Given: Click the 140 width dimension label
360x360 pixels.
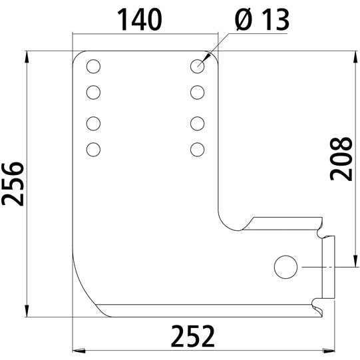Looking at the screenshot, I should [x=140, y=21].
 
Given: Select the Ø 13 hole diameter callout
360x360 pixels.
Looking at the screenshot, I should [x=261, y=21].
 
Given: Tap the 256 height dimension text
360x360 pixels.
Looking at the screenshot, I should [x=13, y=184].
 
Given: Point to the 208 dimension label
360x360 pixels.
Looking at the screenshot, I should [x=341, y=158].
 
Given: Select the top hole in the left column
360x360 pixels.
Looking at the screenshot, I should [x=93, y=67].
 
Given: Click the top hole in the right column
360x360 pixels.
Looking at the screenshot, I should [x=197, y=66].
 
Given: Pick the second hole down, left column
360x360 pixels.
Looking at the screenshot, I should [x=93, y=91].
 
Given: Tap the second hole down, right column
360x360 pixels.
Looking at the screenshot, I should [x=197, y=91].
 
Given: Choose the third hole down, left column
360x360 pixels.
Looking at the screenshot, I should [x=93, y=123].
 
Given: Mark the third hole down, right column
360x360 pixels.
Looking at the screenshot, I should [x=197, y=123].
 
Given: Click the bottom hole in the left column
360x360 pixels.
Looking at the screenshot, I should [x=93, y=148].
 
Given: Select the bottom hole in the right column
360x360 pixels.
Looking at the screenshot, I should [x=197, y=148].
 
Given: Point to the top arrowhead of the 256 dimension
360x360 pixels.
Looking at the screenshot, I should [x=27, y=56].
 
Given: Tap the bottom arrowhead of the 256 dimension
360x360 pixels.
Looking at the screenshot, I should [x=27, y=312].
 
